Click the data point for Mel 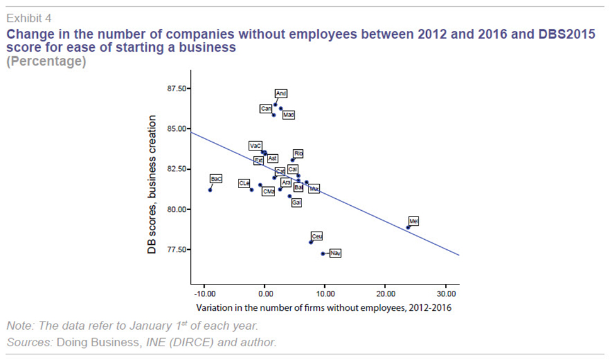tap(408, 227)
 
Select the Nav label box tap(336, 254)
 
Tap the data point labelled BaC tap(210, 190)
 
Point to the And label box tap(281, 94)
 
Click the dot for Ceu tap(311, 242)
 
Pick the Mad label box tap(288, 115)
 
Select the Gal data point tap(290, 196)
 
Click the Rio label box tap(298, 153)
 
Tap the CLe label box tap(244, 183)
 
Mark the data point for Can tap(274, 115)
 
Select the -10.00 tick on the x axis tap(205, 294)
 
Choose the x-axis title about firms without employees tap(324, 308)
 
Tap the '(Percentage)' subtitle tap(45, 62)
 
